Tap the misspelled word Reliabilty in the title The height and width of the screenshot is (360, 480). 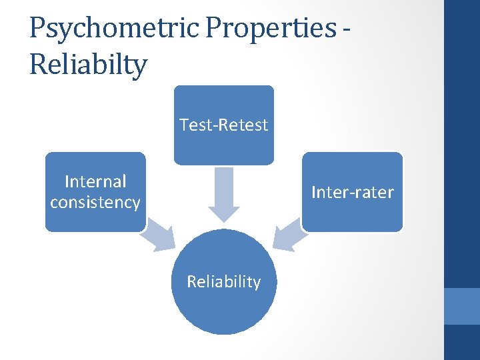(x=88, y=65)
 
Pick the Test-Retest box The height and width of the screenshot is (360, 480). (x=223, y=125)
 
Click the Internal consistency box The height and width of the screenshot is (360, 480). (x=95, y=192)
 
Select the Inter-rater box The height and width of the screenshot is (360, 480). (x=353, y=192)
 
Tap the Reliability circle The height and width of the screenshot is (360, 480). (x=223, y=282)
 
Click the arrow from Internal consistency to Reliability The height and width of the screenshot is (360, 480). (x=159, y=235)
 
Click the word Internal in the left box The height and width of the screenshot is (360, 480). (x=95, y=181)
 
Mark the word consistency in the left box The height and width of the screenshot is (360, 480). (x=95, y=203)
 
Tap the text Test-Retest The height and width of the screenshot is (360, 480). (x=223, y=125)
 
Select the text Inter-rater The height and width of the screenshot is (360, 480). (x=353, y=193)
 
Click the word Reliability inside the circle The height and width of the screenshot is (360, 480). (x=223, y=282)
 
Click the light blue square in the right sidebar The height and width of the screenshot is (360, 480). (x=461, y=306)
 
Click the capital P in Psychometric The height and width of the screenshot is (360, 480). (x=38, y=28)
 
